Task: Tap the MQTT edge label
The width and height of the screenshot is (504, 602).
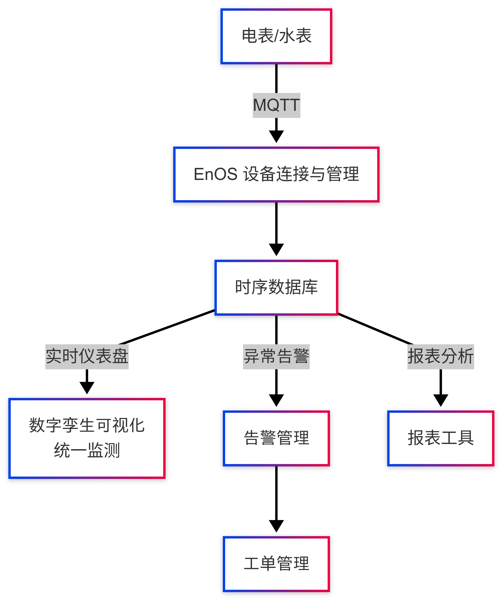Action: pyautogui.click(x=276, y=105)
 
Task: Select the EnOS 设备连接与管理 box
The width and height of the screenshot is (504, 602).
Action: pyautogui.click(x=276, y=174)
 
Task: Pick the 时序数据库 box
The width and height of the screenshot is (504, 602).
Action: pyautogui.click(x=276, y=288)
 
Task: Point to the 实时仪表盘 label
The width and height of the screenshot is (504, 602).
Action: pyautogui.click(x=87, y=357)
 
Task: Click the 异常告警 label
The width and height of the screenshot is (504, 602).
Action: pyautogui.click(x=276, y=357)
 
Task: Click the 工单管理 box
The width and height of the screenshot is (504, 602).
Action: pyautogui.click(x=276, y=564)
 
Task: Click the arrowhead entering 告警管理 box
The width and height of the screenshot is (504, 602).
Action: pyautogui.click(x=276, y=401)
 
